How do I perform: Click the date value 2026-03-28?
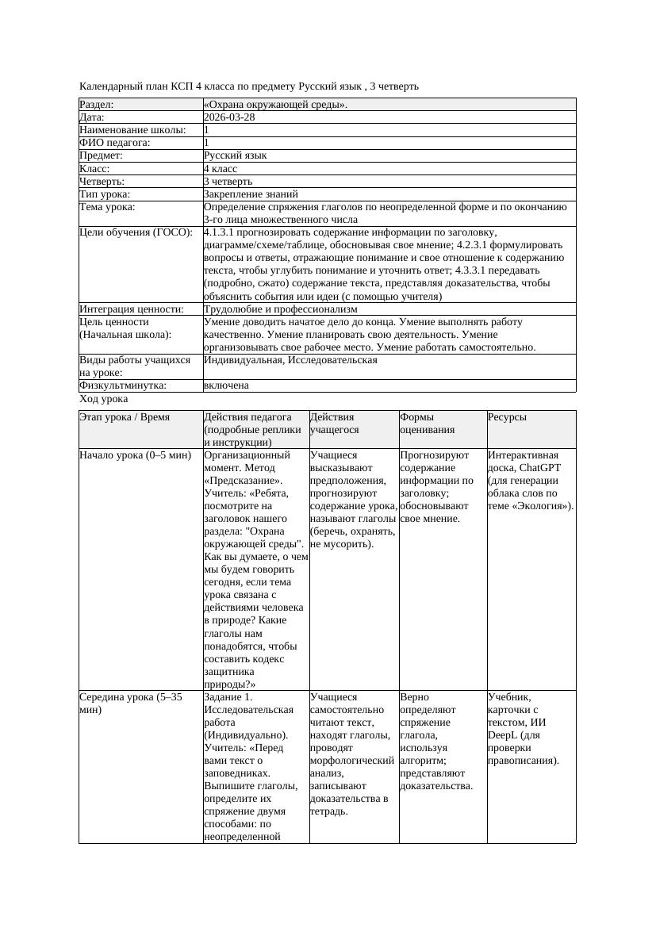click(x=229, y=117)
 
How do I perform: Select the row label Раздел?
click(x=97, y=105)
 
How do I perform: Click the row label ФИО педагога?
click(x=115, y=143)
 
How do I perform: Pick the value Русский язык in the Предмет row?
click(x=235, y=155)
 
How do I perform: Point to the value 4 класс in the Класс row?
click(x=221, y=168)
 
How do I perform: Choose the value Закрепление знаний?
click(x=251, y=194)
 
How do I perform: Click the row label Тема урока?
click(x=107, y=207)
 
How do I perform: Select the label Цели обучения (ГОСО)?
click(x=136, y=232)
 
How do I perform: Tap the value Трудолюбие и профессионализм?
click(x=280, y=309)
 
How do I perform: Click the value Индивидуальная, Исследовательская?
click(x=290, y=360)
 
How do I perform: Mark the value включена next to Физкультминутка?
click(x=226, y=385)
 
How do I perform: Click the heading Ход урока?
click(x=104, y=399)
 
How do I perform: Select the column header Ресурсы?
click(x=507, y=417)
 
